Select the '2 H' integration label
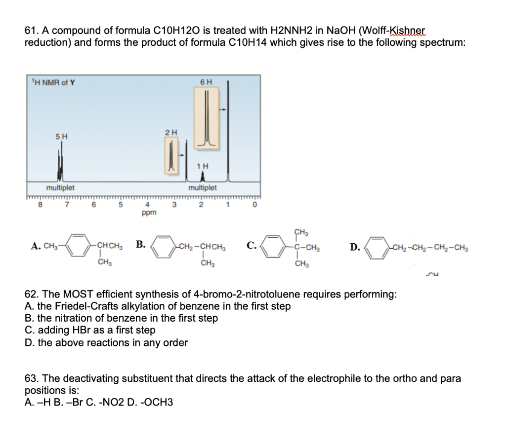pos(170,132)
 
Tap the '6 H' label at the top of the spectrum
pos(207,81)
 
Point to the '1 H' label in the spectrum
pos(202,166)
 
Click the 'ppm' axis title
pos(148,213)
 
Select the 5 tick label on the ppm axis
pos(119,204)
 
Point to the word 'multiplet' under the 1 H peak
pos(202,188)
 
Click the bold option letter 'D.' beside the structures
pos(355,246)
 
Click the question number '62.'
pos(32,295)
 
